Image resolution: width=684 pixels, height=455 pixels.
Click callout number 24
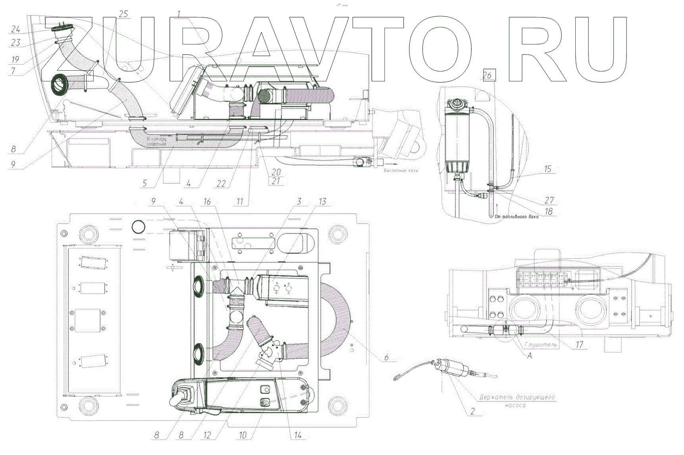(15, 29)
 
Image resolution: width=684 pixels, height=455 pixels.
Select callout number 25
(124, 14)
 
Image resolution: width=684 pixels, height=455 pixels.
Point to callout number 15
(548, 169)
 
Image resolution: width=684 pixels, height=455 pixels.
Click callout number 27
(549, 200)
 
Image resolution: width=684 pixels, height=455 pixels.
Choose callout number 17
(580, 345)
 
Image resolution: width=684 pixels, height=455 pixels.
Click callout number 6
(386, 358)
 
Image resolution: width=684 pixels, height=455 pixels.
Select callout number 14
(298, 436)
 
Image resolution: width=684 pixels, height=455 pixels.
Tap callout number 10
(243, 435)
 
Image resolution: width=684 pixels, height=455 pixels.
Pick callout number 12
(207, 435)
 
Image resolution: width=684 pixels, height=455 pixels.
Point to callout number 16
(207, 202)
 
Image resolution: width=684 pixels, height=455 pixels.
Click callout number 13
(323, 202)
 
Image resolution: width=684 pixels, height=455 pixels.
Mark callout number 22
(221, 183)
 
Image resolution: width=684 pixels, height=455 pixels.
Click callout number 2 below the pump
(472, 411)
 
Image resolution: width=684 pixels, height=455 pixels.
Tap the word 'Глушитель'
(541, 345)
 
